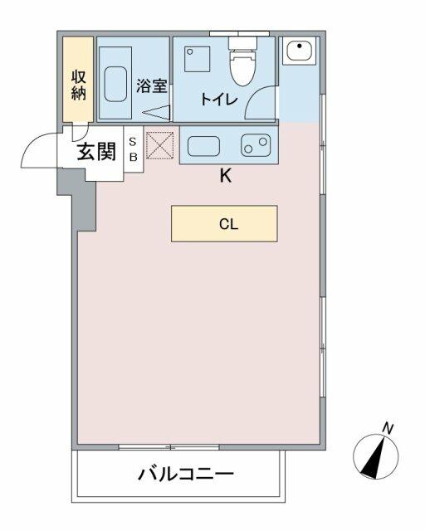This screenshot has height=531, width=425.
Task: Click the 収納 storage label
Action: (x=79, y=84)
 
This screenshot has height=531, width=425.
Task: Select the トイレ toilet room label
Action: (x=219, y=100)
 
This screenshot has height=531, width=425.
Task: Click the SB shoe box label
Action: (x=133, y=149)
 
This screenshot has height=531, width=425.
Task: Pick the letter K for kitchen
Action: (x=225, y=176)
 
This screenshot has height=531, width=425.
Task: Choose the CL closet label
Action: (x=224, y=223)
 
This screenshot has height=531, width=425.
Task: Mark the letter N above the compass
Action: (x=387, y=428)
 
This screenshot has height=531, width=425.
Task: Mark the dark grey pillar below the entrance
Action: (x=79, y=199)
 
